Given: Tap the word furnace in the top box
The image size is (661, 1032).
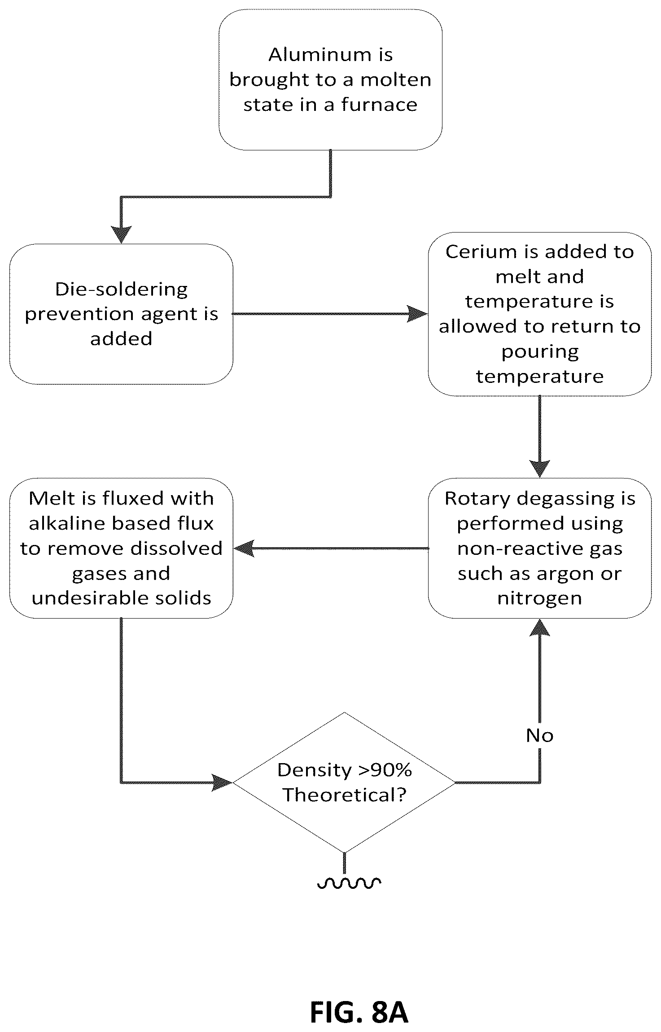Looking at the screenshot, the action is click(x=379, y=105).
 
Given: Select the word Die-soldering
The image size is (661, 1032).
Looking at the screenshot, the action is click(x=121, y=290).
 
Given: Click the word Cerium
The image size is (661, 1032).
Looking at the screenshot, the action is click(x=481, y=252).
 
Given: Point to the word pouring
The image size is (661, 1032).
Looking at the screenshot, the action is click(x=540, y=352).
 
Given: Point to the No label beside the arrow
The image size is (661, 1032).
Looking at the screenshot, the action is click(x=539, y=735).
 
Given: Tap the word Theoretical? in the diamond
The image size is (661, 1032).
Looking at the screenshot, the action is click(x=344, y=795).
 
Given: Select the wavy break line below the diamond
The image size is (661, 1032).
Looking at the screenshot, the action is click(x=349, y=883).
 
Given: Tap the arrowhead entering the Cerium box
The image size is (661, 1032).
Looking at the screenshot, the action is click(x=418, y=314).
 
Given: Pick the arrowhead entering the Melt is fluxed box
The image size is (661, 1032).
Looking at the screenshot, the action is click(x=244, y=548).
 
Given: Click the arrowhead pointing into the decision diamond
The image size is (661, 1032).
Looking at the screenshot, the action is click(x=222, y=782).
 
